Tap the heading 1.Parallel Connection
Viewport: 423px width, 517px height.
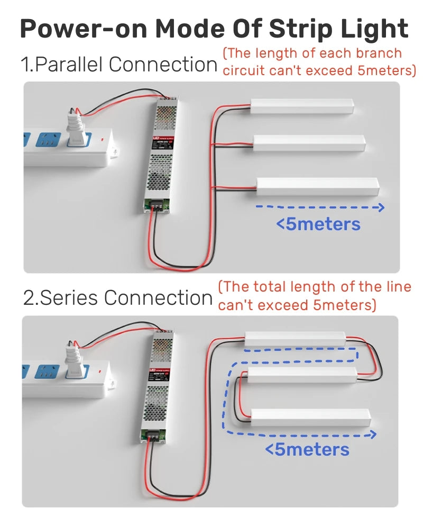click(x=119, y=65)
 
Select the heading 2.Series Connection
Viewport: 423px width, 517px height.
click(x=118, y=298)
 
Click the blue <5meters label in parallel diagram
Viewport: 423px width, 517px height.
click(x=318, y=224)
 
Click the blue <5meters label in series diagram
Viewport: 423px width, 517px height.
click(x=307, y=450)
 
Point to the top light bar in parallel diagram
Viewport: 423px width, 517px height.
click(x=302, y=105)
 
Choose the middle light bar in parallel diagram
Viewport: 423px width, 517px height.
click(x=309, y=142)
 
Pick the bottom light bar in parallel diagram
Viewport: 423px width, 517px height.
click(x=317, y=186)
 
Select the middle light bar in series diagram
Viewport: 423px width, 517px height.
click(x=301, y=375)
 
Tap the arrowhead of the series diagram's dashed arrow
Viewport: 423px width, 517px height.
click(x=373, y=434)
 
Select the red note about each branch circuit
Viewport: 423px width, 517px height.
click(x=319, y=62)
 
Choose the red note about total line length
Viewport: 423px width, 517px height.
click(x=315, y=296)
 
